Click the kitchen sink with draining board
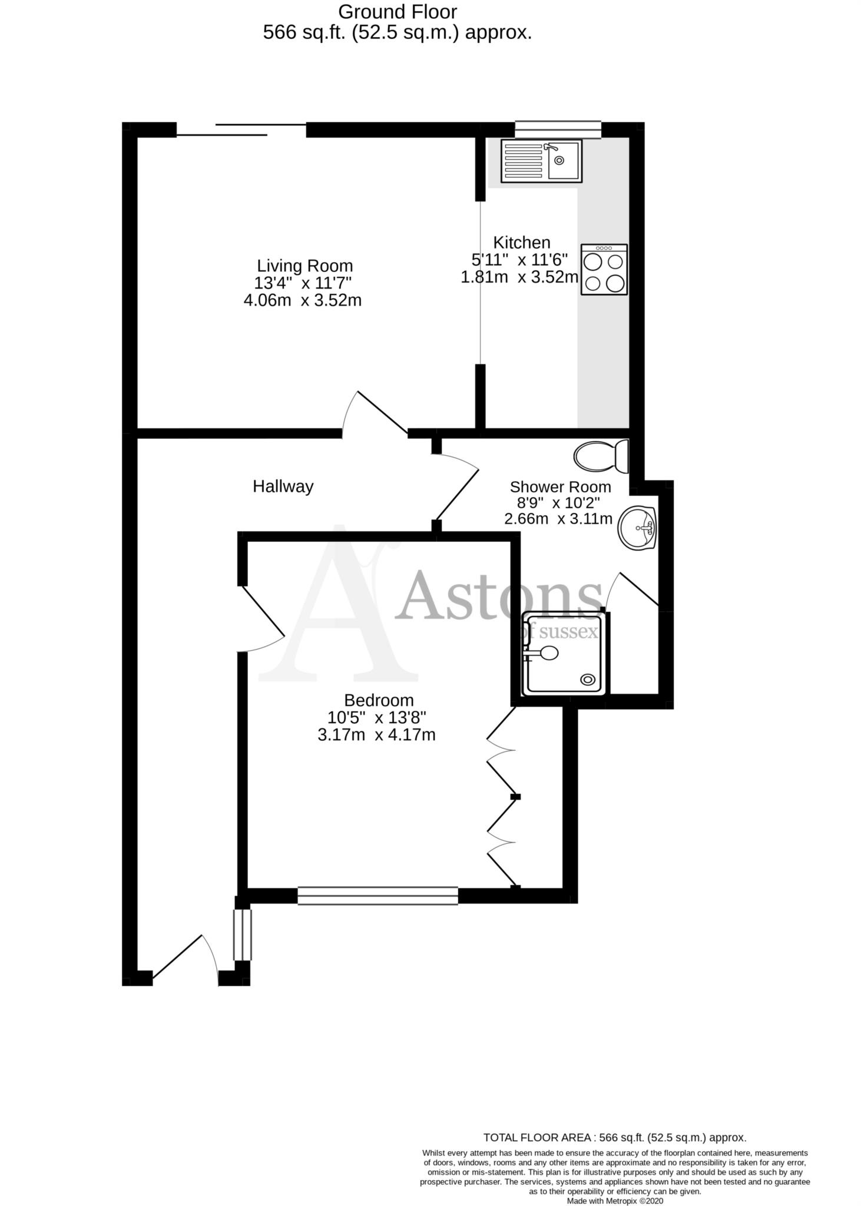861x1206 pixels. (x=541, y=160)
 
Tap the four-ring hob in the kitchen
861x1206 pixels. (x=604, y=270)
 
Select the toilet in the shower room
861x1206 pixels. (x=601, y=456)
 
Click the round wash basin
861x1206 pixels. (x=637, y=528)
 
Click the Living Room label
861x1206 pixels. (x=304, y=266)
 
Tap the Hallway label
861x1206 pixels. (x=283, y=486)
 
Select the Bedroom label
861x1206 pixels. (x=379, y=700)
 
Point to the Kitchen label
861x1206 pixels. (x=521, y=242)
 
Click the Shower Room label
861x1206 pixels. (x=560, y=487)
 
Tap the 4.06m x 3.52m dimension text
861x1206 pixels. (x=302, y=300)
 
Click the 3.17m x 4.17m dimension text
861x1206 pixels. (x=376, y=735)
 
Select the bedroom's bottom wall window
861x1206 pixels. (x=377, y=896)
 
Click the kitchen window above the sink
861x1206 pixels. (x=558, y=130)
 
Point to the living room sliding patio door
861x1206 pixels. (x=241, y=130)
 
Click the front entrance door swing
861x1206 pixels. (x=183, y=960)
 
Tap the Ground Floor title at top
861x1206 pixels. (x=398, y=12)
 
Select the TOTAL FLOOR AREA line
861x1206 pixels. (x=614, y=1138)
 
